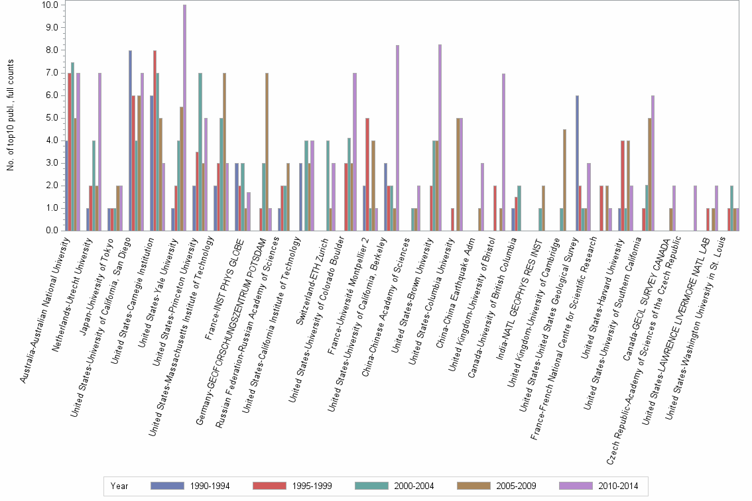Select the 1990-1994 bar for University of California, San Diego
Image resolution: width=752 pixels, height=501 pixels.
tap(131, 140)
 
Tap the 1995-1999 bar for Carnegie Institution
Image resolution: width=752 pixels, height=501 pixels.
tap(155, 140)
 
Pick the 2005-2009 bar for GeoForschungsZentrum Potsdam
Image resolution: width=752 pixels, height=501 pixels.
tap(267, 152)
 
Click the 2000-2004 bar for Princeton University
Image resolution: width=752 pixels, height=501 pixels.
tap(200, 152)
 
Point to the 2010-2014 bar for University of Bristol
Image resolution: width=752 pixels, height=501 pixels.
tap(504, 152)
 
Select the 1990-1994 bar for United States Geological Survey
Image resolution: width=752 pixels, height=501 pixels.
tap(577, 163)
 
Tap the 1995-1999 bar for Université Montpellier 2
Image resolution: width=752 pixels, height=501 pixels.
tap(367, 174)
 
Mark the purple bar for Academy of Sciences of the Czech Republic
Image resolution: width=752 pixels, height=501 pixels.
tap(695, 208)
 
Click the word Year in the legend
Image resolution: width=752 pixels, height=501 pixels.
tap(119, 486)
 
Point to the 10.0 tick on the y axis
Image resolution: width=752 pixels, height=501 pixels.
tap(50, 5)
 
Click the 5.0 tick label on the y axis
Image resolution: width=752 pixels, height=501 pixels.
tap(52, 118)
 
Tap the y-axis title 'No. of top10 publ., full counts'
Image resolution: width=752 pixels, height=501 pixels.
tap(11, 115)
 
